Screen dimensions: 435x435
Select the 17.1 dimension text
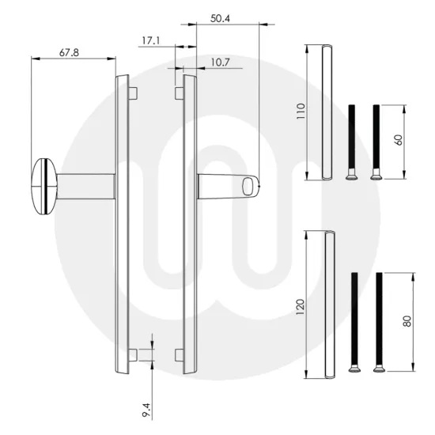click(x=150, y=40)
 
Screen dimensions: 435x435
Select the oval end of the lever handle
click(x=251, y=186)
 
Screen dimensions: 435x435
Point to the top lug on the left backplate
click(x=134, y=92)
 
